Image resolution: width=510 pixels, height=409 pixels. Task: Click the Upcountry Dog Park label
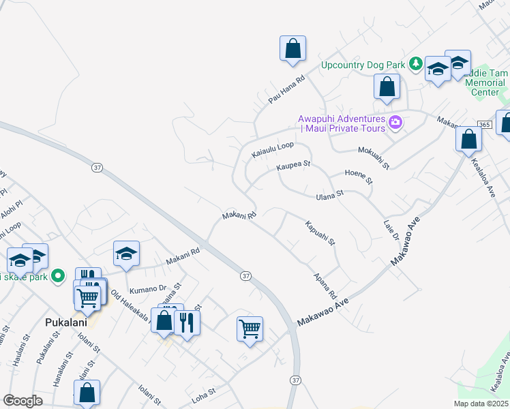pos(364,65)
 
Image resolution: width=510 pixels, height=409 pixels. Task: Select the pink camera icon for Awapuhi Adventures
pos(395,123)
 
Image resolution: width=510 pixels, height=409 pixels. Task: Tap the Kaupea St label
pos(293,166)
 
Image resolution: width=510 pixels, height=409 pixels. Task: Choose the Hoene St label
pos(359,177)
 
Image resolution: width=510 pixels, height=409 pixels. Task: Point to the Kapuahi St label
pos(320,232)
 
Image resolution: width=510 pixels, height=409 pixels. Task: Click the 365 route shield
pos(484,124)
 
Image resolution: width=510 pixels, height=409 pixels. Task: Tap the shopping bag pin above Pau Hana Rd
pos(292,49)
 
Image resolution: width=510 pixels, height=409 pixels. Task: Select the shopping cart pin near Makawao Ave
pos(250,329)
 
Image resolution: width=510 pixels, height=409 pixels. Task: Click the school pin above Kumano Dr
pos(126,255)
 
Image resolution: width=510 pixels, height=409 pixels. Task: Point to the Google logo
pos(23,401)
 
